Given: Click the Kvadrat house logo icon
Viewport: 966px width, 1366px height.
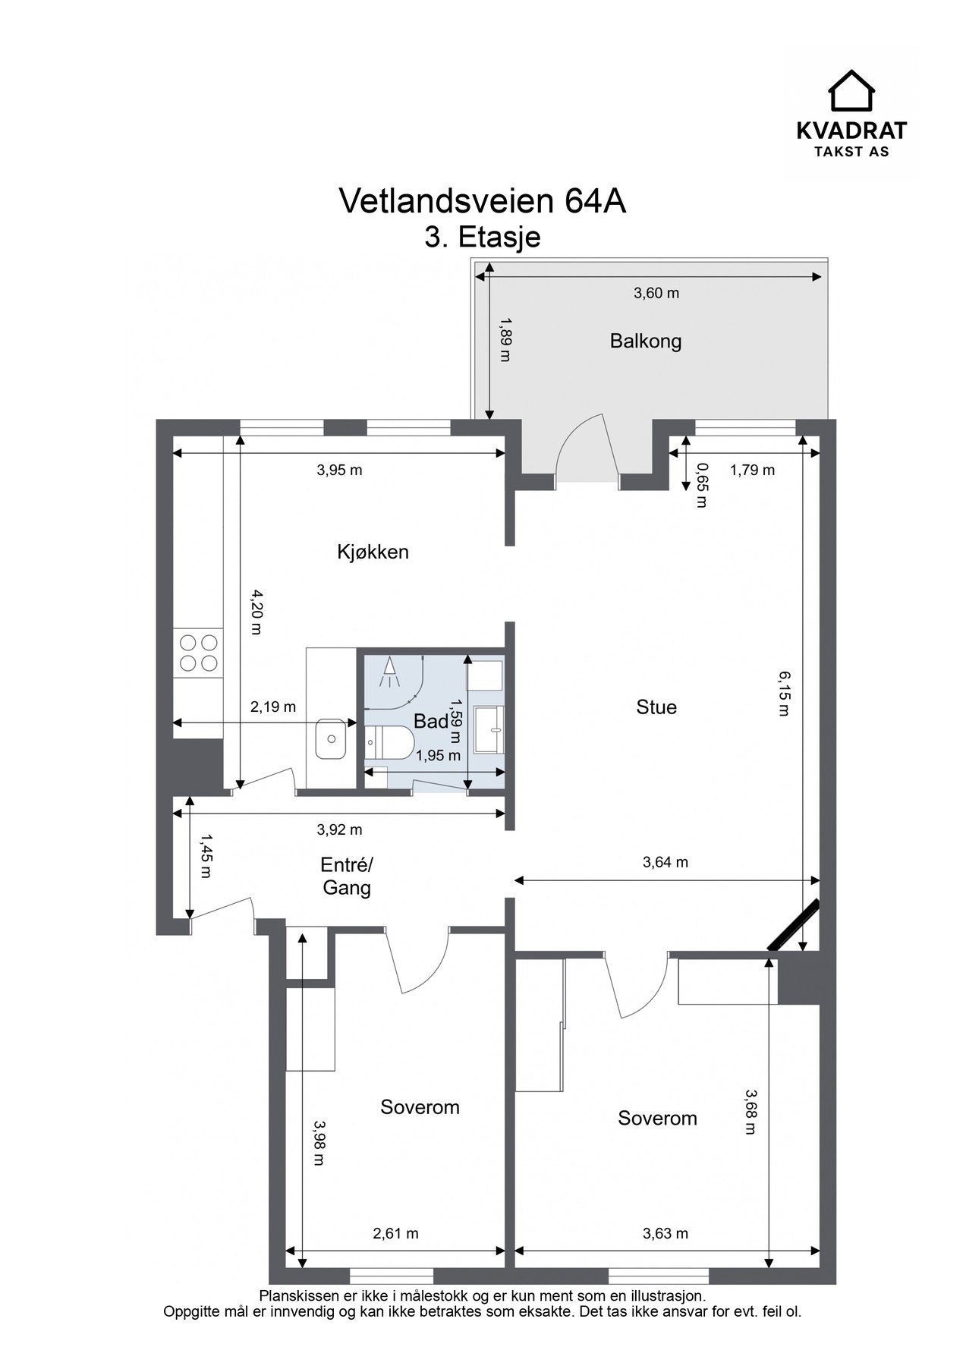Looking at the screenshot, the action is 851,91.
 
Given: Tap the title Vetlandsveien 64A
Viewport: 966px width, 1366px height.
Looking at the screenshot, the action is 483,201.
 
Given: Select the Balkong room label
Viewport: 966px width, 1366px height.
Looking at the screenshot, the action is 646,341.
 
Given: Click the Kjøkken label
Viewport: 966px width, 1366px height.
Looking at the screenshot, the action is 373,552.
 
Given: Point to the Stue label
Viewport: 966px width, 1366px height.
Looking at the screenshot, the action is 656,707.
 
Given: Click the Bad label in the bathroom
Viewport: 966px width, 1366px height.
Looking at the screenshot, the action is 431,722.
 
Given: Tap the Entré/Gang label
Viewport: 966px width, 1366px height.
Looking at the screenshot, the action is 347,877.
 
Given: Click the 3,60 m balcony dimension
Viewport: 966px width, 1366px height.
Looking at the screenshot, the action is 656,294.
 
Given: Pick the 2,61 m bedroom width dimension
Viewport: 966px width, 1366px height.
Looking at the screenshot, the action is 395,1234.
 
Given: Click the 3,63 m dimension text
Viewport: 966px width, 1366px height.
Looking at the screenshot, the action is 666,1234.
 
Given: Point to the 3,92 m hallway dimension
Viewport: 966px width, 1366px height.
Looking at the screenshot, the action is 339,829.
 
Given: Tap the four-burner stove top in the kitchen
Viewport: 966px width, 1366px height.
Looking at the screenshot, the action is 198,653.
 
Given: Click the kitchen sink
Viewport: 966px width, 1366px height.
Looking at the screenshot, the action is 331,737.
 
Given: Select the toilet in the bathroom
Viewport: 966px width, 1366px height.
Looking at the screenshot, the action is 389,741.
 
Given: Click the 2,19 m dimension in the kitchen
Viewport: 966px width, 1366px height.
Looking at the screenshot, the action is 273,707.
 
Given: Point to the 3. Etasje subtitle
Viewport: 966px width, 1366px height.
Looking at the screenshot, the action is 483,238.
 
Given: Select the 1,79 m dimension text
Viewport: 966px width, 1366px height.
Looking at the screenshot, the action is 752,471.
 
